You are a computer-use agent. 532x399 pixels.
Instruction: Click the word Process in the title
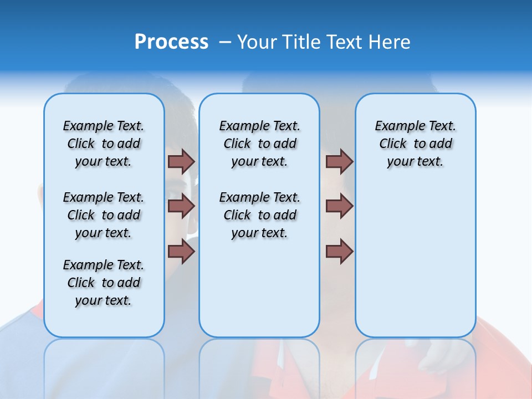171,42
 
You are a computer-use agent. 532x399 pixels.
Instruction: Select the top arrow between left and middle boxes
181,161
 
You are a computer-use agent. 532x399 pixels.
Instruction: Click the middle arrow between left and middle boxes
181,206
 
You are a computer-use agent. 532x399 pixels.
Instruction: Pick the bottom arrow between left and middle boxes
181,252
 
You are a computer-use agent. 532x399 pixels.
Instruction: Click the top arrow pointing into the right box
339,161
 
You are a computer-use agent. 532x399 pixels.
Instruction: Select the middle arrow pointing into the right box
339,206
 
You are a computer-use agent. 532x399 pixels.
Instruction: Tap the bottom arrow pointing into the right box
339,252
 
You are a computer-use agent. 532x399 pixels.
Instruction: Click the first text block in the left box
104,144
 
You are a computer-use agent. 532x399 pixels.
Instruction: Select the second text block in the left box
104,215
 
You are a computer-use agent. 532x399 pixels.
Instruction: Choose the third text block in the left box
104,283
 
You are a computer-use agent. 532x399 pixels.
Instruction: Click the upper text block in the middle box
259,144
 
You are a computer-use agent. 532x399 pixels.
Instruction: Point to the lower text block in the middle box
259,215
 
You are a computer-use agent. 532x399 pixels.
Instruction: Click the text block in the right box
415,144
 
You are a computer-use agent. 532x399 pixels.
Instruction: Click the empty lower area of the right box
415,260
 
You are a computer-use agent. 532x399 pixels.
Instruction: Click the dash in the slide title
224,42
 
